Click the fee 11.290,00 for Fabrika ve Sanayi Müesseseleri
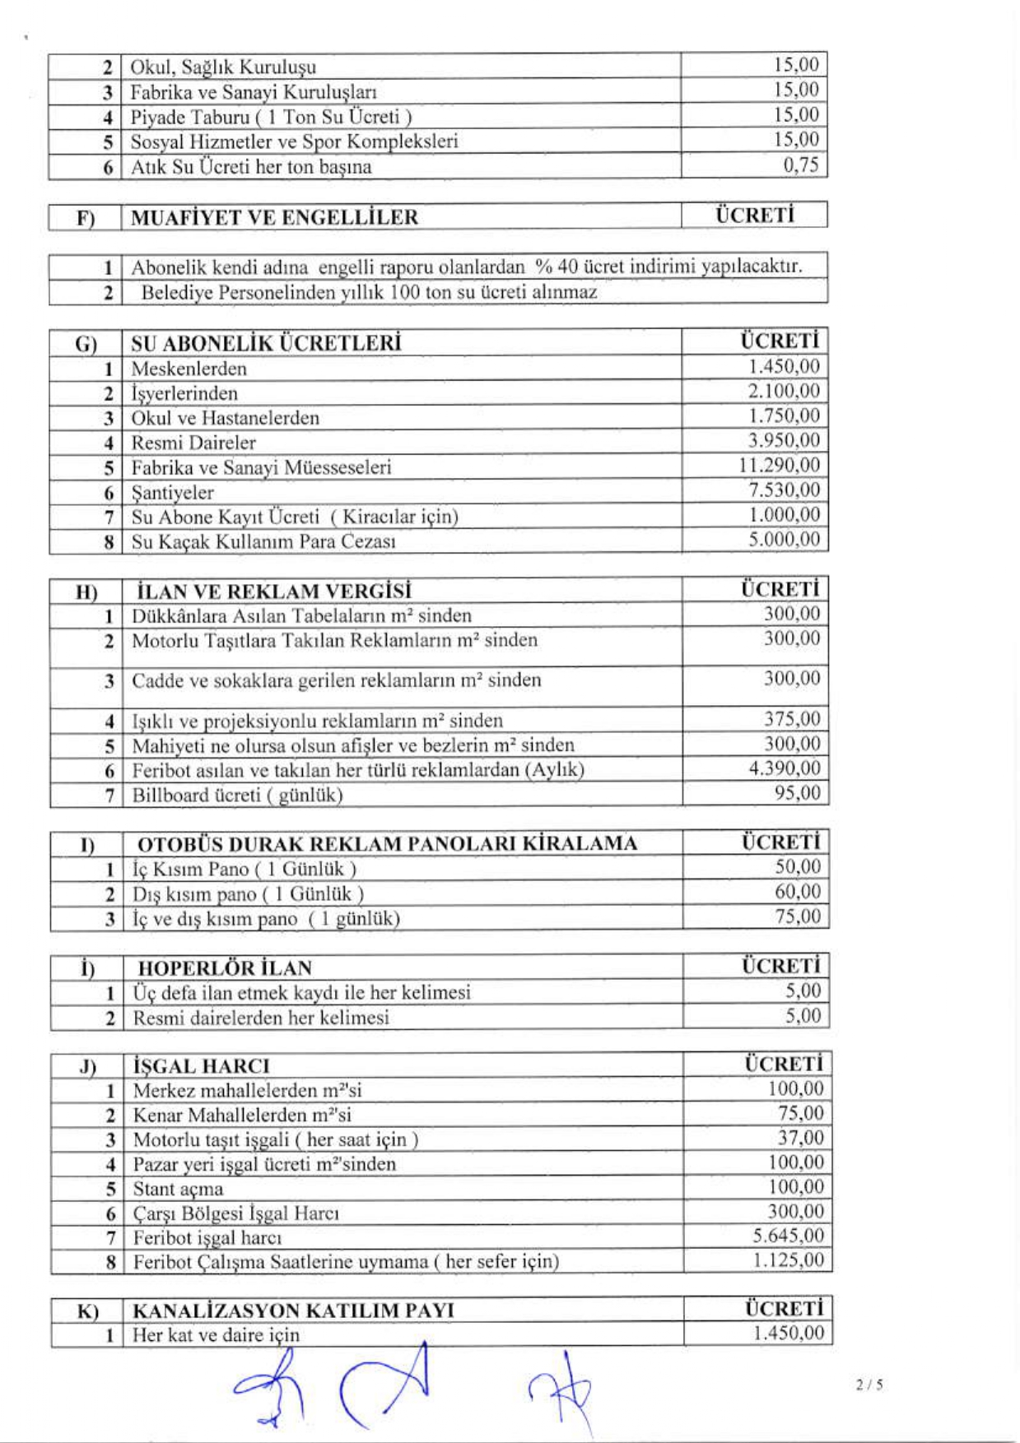coord(779,466)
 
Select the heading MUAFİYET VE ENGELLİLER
coord(274,217)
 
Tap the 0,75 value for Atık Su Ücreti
coord(800,165)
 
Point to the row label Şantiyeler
coord(173,493)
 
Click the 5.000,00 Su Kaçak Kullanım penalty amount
coord(784,540)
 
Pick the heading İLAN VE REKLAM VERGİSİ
coord(272,592)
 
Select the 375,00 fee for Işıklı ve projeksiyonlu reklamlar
coord(792,719)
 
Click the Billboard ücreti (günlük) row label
coord(237,795)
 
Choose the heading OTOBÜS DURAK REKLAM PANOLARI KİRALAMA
coord(387,844)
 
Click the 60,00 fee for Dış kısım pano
coord(798,892)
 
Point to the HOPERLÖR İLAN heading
coord(225,967)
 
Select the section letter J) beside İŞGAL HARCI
coord(87,1067)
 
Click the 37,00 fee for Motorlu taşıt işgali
coord(800,1138)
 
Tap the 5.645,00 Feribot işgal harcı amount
coord(788,1236)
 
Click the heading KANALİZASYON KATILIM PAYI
coord(293,1310)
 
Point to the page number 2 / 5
coord(869,1385)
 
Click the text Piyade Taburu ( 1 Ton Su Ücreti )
coord(271,117)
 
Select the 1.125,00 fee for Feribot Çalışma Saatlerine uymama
coord(788,1260)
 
